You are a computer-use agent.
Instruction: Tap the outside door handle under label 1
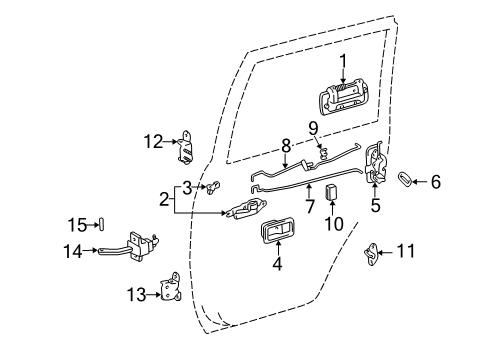(x=344, y=101)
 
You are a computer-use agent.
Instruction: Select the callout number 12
(x=152, y=142)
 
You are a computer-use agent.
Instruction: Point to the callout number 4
(x=277, y=265)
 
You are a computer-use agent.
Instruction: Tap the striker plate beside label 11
(x=371, y=251)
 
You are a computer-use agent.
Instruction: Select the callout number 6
(x=435, y=182)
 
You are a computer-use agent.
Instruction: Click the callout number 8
(x=287, y=145)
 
